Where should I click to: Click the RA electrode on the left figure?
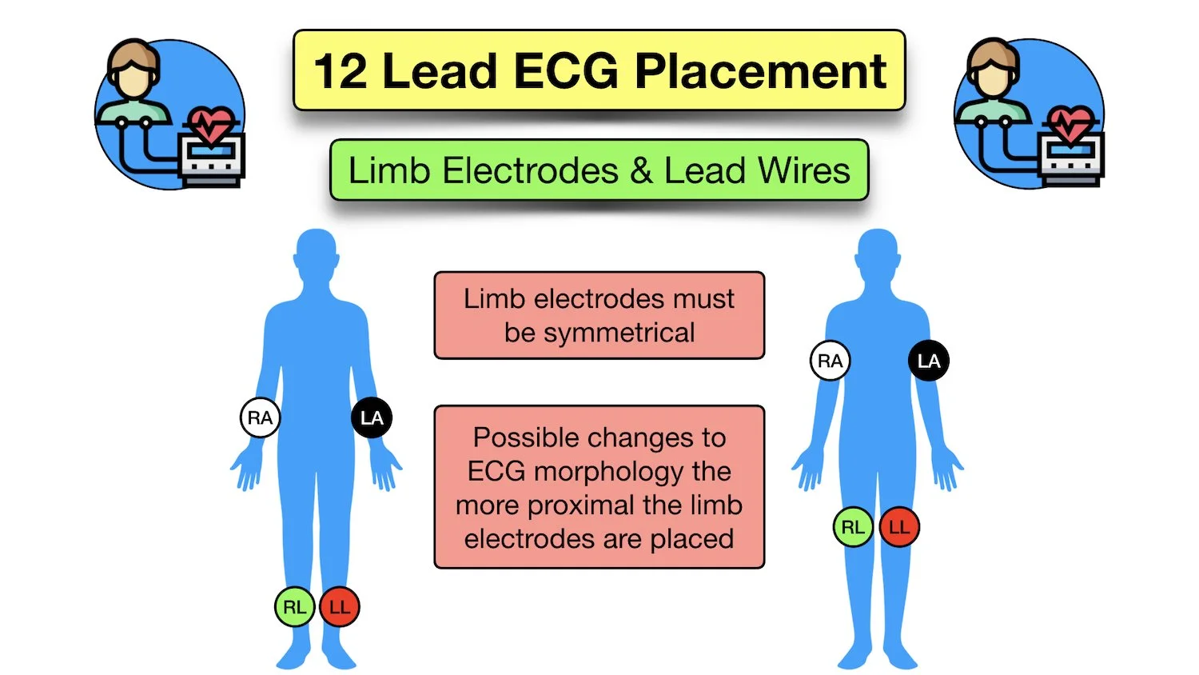tap(260, 417)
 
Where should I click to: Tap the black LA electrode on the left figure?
tap(372, 417)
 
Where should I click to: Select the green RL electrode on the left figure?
tap(294, 607)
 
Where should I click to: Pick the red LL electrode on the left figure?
tap(340, 607)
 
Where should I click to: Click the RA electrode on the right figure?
tap(830, 361)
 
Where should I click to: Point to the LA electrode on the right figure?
tap(929, 361)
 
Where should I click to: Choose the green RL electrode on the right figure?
tap(853, 527)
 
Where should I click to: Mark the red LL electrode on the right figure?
tap(899, 527)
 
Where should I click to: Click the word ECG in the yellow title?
tap(565, 71)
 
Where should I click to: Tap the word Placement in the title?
tap(760, 71)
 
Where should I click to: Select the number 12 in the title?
tap(340, 71)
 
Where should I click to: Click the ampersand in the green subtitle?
tap(641, 171)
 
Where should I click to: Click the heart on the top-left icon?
tap(210, 124)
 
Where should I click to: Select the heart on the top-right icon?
tap(1070, 124)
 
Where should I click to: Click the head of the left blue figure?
tap(317, 252)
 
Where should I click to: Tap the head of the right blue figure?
tap(878, 252)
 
